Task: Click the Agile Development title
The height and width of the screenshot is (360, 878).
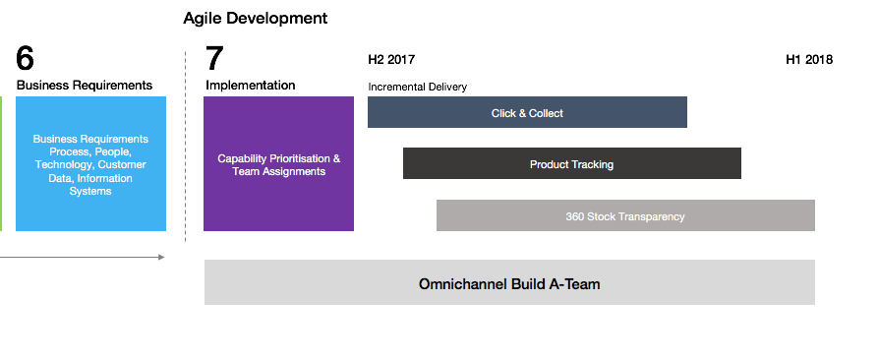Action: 256,19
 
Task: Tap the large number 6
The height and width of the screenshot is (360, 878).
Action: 26,58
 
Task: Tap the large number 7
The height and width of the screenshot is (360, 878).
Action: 214,58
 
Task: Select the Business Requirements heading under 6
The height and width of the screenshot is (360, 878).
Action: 85,86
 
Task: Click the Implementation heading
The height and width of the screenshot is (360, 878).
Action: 251,86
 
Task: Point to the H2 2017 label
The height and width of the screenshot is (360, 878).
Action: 391,59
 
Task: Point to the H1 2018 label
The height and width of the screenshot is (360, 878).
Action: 809,59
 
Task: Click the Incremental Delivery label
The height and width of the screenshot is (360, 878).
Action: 417,87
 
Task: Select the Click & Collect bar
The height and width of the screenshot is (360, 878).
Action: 527,112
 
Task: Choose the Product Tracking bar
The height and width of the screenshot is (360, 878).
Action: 571,163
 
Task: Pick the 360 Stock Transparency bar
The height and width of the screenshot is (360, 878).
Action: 625,215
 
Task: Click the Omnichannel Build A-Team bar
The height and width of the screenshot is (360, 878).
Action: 509,282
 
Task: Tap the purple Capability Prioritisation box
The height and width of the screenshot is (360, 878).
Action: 279,163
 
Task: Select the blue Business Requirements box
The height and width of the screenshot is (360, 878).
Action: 90,163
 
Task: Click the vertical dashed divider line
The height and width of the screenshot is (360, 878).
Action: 186,147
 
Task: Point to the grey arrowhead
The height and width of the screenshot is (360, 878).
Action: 162,257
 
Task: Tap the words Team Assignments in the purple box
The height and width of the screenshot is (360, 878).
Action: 279,171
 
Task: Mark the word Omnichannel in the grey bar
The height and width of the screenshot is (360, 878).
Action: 464,284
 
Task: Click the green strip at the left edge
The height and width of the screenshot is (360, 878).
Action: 1,163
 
